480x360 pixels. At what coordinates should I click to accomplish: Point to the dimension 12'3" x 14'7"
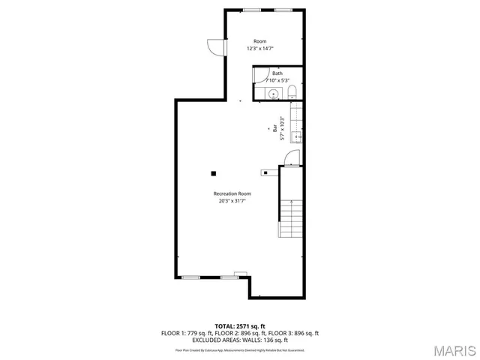click(260, 49)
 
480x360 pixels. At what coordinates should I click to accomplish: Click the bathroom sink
click(274, 93)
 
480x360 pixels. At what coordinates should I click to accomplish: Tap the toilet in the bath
click(292, 92)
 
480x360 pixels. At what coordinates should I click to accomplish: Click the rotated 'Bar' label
click(274, 129)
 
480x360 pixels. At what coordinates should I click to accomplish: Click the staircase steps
click(290, 217)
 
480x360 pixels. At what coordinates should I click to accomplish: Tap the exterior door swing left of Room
click(217, 46)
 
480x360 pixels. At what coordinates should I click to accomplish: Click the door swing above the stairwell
click(291, 157)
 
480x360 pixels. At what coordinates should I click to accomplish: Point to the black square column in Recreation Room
click(214, 173)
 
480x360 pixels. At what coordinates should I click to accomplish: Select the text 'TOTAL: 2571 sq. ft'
click(240, 326)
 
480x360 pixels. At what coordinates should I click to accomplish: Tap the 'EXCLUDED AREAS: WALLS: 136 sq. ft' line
click(240, 340)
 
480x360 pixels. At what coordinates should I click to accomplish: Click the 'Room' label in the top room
click(260, 41)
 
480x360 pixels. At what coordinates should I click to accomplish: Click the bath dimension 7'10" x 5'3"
click(277, 80)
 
